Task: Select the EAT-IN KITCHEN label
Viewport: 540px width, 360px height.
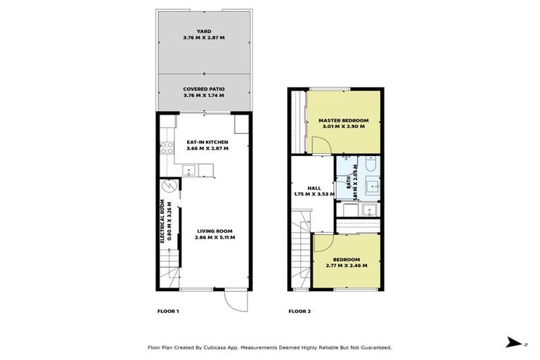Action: [207, 142]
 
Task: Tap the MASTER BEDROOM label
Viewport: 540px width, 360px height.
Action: [344, 121]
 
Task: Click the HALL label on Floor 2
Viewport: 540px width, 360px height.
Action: [314, 188]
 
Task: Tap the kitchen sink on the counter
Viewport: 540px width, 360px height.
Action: [188, 169]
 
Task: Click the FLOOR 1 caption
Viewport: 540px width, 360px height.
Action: [168, 311]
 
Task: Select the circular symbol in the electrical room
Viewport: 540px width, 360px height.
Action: [168, 187]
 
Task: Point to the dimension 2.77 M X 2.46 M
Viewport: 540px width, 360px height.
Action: [347, 266]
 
